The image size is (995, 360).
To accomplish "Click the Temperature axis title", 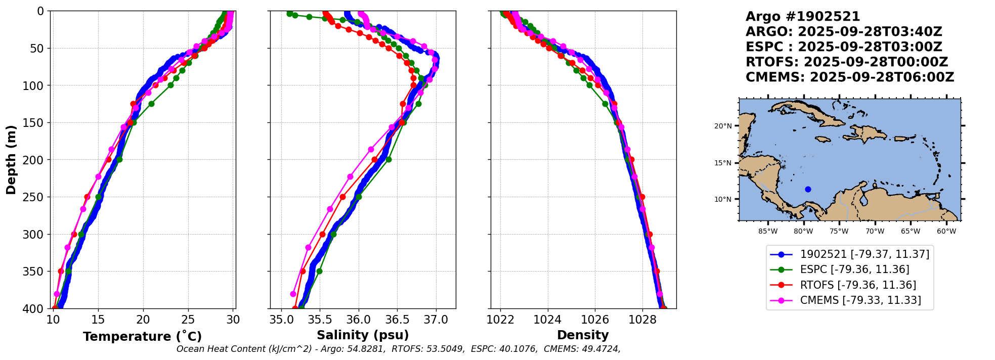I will (142, 336).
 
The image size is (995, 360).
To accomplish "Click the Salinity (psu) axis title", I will (363, 335).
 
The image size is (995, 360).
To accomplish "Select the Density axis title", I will (583, 335).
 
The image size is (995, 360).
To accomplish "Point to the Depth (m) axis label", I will (11, 160).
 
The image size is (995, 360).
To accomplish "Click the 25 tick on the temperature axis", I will (188, 320).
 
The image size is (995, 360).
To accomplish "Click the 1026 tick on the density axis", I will (594, 320).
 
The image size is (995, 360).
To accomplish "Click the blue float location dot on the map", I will (808, 190).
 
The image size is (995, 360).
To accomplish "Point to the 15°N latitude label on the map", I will (723, 163).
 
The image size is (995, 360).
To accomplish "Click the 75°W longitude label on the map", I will (839, 232).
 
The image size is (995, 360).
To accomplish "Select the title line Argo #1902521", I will (803, 17).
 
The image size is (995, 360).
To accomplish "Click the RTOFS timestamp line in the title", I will (847, 62).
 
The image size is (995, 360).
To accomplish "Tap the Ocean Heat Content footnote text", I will (398, 349).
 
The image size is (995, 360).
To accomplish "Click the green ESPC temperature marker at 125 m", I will (151, 104).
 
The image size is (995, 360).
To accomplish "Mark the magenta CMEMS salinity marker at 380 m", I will (293, 294).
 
